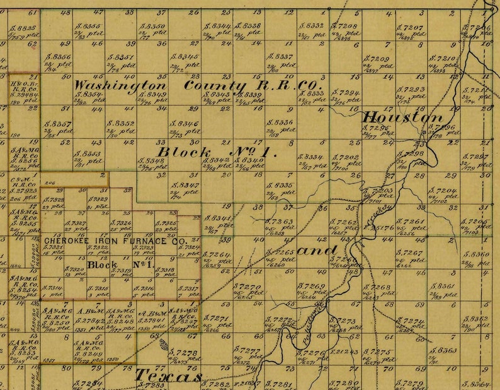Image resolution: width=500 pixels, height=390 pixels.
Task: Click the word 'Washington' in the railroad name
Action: (x=120, y=85)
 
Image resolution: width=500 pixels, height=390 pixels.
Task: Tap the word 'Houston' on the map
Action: (x=402, y=117)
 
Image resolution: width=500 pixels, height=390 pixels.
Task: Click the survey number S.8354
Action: (x=89, y=94)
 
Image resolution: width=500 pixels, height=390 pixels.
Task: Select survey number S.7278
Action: (x=185, y=353)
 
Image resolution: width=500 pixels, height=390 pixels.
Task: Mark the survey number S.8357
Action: (x=58, y=124)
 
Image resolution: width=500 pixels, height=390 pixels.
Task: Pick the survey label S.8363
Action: (x=444, y=350)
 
